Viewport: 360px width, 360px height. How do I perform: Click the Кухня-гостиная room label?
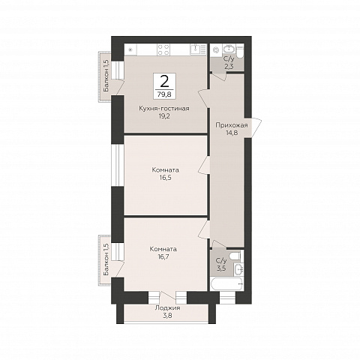pos(164,109)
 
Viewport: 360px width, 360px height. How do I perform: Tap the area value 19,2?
pos(164,116)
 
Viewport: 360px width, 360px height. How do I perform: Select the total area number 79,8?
pos(164,94)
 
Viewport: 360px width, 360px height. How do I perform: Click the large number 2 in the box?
pos(164,82)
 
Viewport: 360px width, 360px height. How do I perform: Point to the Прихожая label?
pos(232,125)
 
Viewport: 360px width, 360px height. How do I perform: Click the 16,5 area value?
pos(165,178)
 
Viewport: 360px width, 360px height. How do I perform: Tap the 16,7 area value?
pos(163,256)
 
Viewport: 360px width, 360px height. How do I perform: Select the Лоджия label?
pos(167,308)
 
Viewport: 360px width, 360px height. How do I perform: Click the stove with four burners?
pos(163,49)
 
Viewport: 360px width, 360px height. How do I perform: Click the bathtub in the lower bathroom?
pos(226,284)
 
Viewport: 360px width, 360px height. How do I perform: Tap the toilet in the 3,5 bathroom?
pos(235,256)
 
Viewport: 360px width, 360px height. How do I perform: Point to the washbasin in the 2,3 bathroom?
pos(229,49)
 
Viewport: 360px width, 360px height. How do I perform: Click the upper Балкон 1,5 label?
pos(106,76)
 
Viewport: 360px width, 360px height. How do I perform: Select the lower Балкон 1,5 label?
pos(106,259)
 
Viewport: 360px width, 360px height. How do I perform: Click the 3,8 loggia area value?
pos(167,316)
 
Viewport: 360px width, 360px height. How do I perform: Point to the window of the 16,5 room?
pos(118,165)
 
